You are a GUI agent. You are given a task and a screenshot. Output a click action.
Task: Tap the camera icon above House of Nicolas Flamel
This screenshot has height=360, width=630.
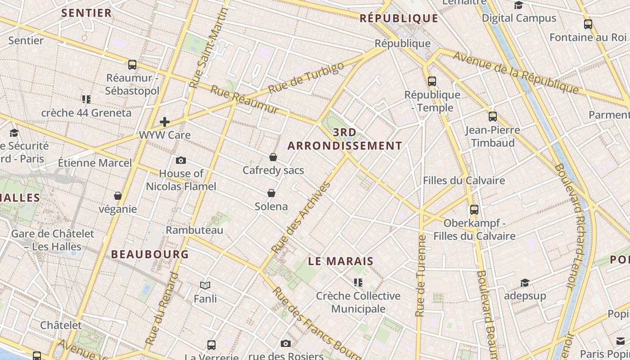coord(181,160)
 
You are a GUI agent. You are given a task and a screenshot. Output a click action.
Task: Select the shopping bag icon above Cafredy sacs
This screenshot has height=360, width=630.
coord(273,157)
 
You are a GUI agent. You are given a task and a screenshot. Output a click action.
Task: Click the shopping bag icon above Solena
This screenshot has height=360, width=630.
coord(271,193)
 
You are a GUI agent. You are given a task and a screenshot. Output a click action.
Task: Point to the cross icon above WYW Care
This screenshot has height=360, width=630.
coord(165,121)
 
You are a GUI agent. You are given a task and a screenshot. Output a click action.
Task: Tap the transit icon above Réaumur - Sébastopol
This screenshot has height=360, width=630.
coord(132,65)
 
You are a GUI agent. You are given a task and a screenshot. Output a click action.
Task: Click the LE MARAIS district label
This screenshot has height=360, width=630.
coord(341,261)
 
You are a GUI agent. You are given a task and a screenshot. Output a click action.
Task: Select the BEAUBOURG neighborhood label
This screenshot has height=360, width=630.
coord(150,254)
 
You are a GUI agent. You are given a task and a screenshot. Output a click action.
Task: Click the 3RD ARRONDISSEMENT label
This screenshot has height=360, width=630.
coord(345,139)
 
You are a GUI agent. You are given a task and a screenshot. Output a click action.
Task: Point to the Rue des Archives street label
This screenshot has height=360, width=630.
coord(301,217)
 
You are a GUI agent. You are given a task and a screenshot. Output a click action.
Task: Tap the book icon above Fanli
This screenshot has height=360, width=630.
coord(205,285)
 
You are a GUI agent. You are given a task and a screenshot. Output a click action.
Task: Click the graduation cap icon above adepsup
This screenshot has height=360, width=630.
coord(525,283)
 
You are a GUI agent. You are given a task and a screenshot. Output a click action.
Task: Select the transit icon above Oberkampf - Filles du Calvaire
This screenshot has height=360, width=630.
coord(474,210)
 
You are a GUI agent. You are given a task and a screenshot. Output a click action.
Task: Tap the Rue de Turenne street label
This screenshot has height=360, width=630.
coord(421,275)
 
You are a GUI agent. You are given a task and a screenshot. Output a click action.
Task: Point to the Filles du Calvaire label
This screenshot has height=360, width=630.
coord(464,180)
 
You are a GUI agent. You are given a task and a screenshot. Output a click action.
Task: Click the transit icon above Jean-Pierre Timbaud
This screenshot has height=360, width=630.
coord(493,117)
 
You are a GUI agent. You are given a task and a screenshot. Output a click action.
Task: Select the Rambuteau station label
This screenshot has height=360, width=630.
coord(194,230)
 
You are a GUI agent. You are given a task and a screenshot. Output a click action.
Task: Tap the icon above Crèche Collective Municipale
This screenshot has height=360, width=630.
coord(358,283)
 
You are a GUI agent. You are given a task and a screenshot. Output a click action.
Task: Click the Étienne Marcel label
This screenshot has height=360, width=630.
coord(95,162)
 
